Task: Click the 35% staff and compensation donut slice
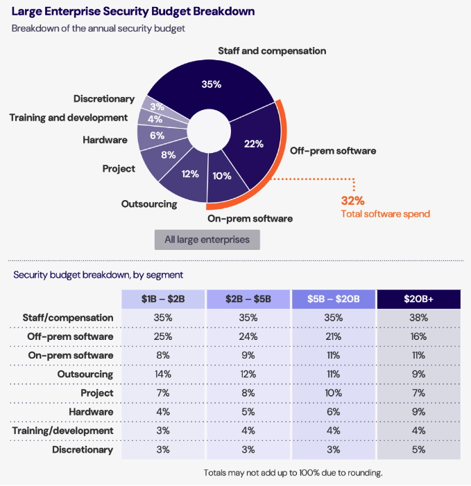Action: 212,84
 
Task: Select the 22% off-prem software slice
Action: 254,143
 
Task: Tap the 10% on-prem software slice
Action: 222,175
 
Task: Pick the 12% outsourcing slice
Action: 189,174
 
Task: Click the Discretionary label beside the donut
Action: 104,99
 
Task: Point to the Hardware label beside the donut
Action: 105,139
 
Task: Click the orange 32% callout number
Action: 353,200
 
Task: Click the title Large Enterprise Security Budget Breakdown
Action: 132,12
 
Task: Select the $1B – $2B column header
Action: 163,299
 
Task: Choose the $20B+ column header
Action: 419,299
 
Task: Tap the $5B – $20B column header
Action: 334,299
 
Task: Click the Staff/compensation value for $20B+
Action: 419,318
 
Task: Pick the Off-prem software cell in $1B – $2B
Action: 163,336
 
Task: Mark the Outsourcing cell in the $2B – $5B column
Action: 248,375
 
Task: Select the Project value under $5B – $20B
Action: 334,393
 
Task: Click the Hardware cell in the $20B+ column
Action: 419,412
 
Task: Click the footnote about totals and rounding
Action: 293,473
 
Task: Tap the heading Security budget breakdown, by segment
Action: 99,275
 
